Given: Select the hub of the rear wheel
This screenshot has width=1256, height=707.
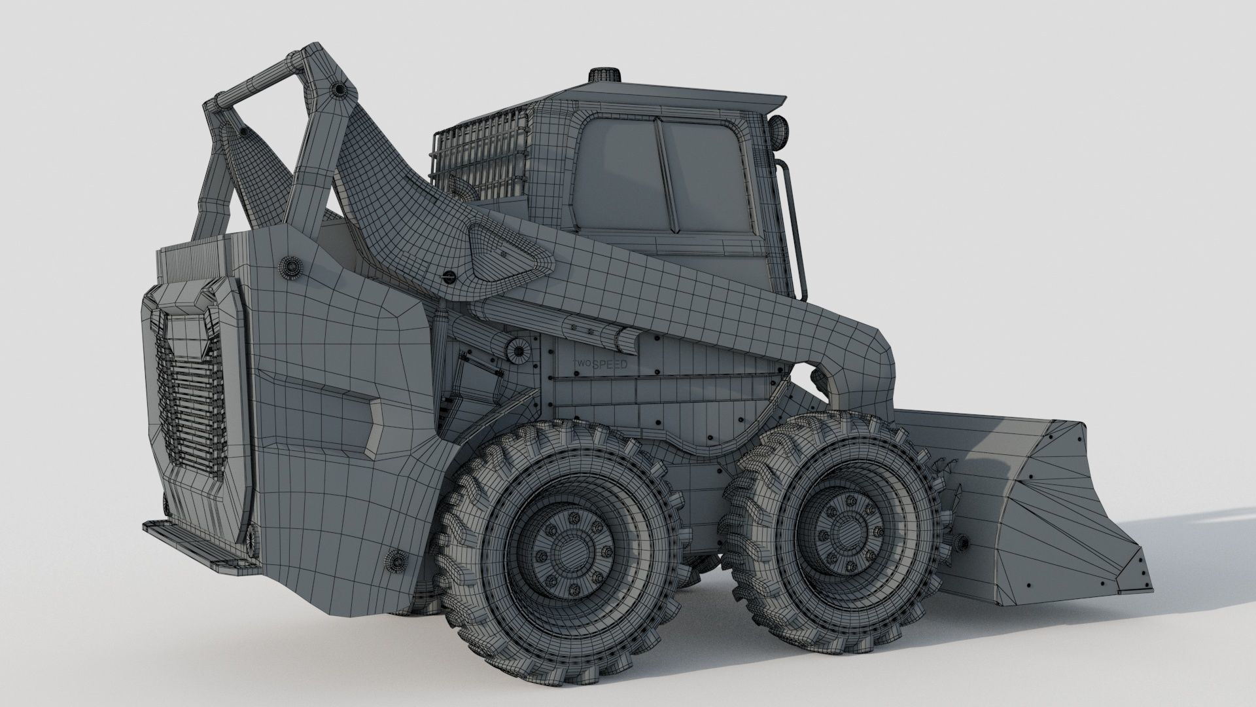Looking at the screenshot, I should (562, 547).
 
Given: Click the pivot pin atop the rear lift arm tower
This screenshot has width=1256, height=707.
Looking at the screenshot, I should (338, 89).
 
